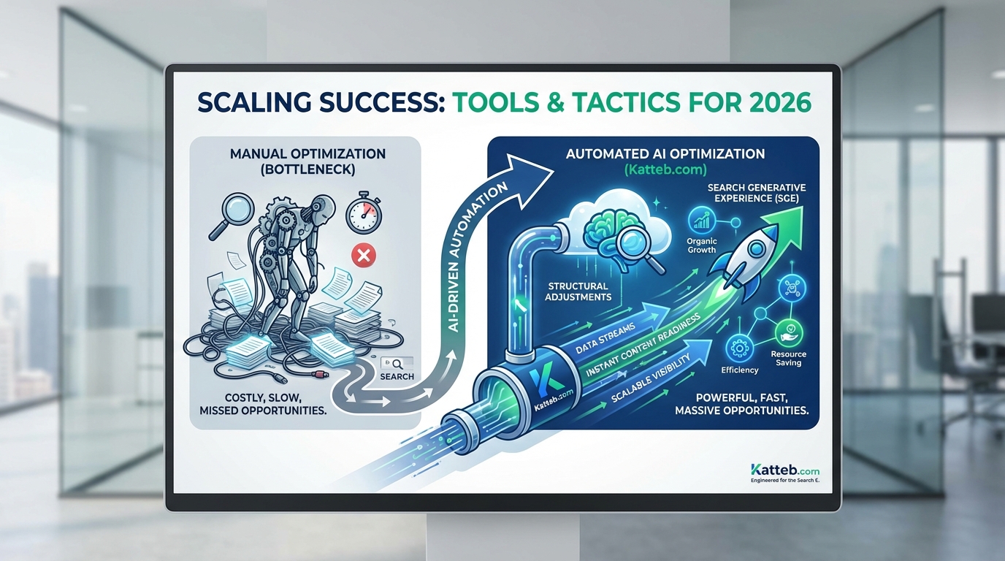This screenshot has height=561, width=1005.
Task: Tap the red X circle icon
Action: pyautogui.click(x=363, y=255)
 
